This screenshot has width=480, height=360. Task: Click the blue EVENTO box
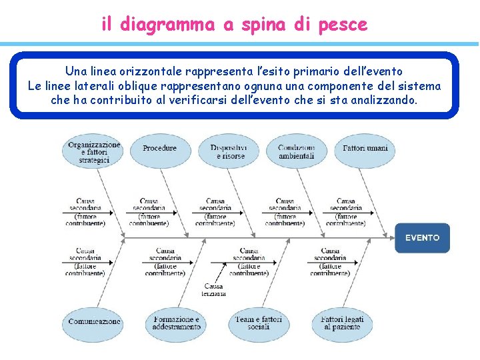pyautogui.click(x=422, y=238)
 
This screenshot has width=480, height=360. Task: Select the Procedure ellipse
pyautogui.click(x=160, y=148)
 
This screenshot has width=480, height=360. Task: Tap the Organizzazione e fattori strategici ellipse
pyautogui.click(x=94, y=151)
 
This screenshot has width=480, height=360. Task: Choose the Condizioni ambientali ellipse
pyautogui.click(x=296, y=151)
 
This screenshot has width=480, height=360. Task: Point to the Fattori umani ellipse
pyautogui.click(x=365, y=148)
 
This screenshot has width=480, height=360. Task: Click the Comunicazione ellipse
pyautogui.click(x=94, y=322)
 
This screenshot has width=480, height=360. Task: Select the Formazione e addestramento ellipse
pyautogui.click(x=176, y=323)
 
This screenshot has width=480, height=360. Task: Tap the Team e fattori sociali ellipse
pyautogui.click(x=259, y=323)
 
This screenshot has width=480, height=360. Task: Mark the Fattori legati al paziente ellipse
pyautogui.click(x=341, y=323)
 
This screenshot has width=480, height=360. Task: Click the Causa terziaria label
pyautogui.click(x=215, y=290)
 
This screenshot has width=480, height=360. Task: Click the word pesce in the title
pyautogui.click(x=343, y=25)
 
